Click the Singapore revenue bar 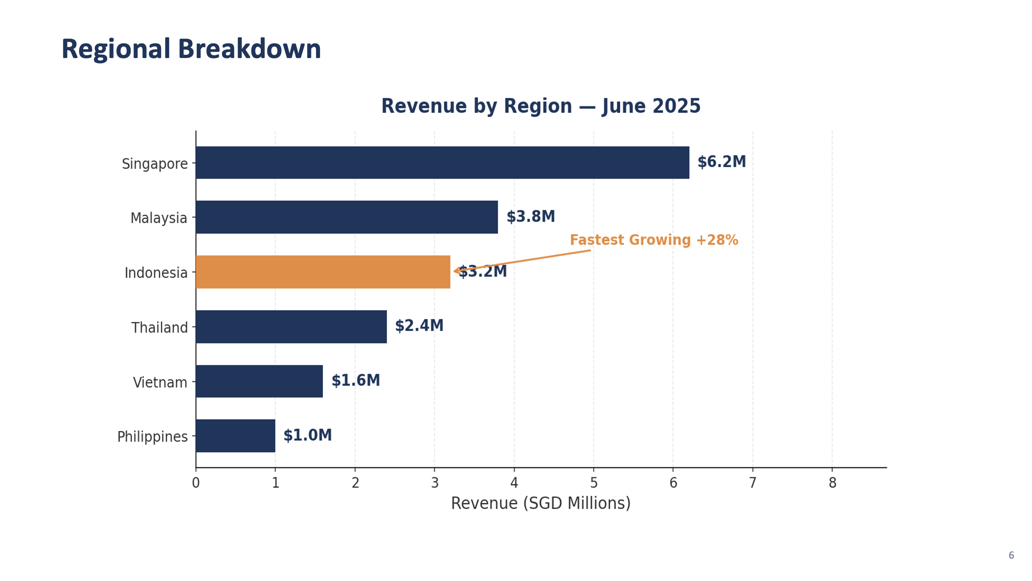coord(442,163)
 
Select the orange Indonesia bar coord(323,272)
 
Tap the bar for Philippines coord(235,436)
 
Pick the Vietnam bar coord(259,381)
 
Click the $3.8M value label coord(531,217)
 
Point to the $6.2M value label coord(721,162)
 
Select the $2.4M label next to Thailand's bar coord(419,326)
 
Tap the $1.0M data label coord(307,435)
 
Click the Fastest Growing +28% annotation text coord(653,240)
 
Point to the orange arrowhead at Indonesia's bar coord(456,271)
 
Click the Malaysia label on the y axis coord(158,218)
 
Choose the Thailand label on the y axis coord(159,327)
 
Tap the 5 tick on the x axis coord(593,483)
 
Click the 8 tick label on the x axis coord(832,483)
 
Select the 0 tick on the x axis coord(196,483)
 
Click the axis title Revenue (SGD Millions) coord(541,503)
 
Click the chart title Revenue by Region coord(541,106)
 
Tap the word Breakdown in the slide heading coord(249,49)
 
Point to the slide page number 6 coord(1011,555)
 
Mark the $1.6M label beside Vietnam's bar coord(355,380)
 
